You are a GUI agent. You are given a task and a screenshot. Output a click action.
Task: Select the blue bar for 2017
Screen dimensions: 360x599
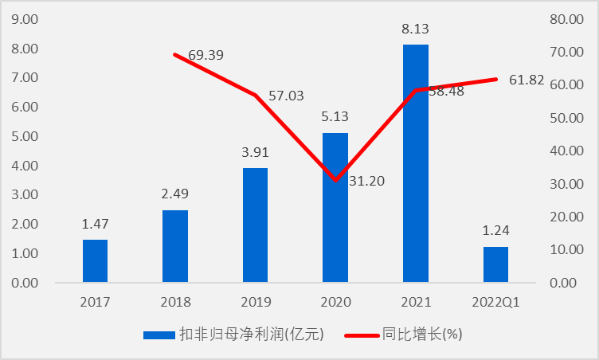pyautogui.click(x=95, y=261)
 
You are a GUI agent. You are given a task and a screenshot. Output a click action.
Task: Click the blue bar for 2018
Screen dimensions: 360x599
pyautogui.click(x=175, y=246)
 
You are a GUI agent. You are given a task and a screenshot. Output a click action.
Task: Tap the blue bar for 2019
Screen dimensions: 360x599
pyautogui.click(x=255, y=225)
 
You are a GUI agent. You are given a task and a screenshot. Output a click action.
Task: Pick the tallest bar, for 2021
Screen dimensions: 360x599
pyautogui.click(x=416, y=163)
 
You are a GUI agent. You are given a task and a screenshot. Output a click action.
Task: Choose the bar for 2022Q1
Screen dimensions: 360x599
pyautogui.click(x=495, y=264)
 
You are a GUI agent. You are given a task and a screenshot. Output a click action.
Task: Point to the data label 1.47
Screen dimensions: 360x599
pyautogui.click(x=95, y=225)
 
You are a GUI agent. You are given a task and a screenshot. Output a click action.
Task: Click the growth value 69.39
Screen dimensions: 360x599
pyautogui.click(x=206, y=56)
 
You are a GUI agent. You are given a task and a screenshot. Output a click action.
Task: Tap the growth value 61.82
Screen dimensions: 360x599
pyautogui.click(x=527, y=79)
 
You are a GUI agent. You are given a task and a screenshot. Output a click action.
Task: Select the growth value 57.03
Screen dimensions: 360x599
pyautogui.click(x=286, y=96)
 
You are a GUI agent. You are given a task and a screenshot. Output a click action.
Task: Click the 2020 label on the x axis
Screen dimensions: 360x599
pyautogui.click(x=335, y=303)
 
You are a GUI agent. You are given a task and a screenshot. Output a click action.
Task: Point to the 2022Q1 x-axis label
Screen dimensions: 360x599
pyautogui.click(x=495, y=303)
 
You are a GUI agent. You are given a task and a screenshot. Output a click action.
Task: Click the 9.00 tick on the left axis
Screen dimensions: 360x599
pyautogui.click(x=27, y=19)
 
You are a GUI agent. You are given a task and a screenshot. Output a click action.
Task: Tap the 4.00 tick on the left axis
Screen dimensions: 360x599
pyautogui.click(x=27, y=166)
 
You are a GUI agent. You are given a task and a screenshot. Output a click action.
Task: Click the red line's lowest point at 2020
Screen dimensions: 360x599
pyautogui.click(x=336, y=181)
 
